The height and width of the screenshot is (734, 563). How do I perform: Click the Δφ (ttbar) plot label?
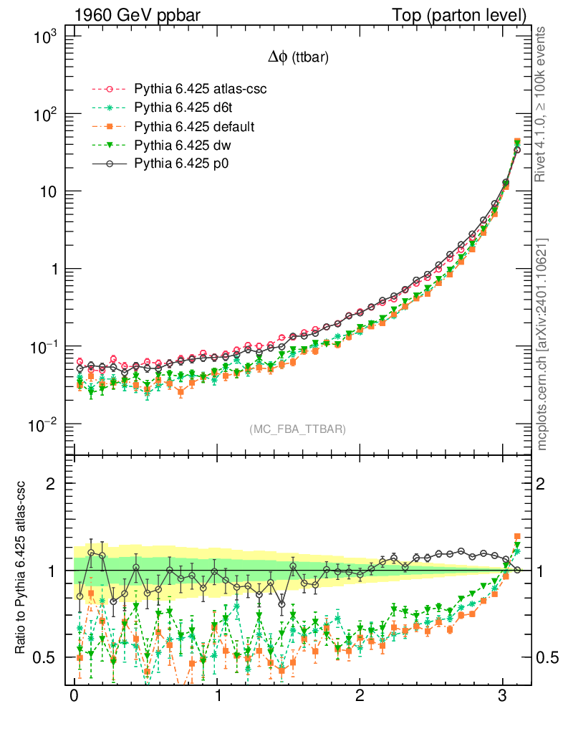[298, 59]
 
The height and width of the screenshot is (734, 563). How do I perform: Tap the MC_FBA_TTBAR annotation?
[298, 429]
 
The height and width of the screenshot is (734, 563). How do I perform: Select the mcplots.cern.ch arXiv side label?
[542, 344]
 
